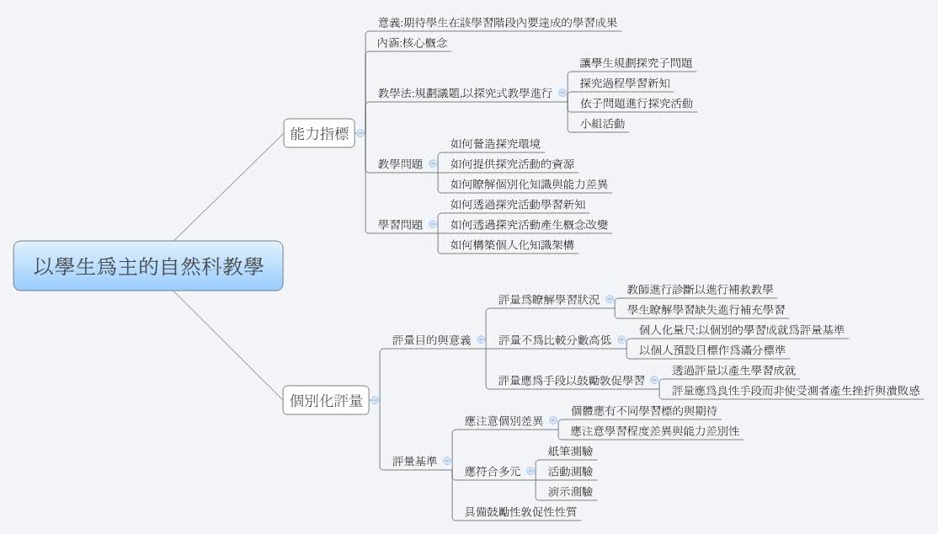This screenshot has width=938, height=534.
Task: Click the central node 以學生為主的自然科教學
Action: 148,267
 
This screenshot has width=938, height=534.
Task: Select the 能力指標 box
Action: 319,133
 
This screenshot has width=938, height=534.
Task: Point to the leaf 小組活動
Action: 603,123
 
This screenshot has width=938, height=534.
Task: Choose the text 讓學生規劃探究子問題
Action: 637,63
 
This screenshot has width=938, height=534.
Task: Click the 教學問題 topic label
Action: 400,163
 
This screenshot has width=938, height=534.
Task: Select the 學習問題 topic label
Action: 400,224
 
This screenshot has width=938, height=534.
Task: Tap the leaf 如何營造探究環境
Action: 495,143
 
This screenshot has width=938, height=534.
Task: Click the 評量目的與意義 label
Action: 432,339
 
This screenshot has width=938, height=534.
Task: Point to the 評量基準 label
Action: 414,462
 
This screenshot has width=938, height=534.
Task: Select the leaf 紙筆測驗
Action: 570,451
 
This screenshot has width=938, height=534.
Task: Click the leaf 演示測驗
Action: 570,491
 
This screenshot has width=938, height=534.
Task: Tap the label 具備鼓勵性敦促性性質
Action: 515,511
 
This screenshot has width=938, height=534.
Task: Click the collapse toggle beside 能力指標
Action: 360,133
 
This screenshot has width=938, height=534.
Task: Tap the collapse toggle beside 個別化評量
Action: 375,401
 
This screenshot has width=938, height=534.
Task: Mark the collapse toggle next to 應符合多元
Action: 529,472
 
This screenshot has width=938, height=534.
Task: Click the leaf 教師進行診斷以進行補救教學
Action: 701,289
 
